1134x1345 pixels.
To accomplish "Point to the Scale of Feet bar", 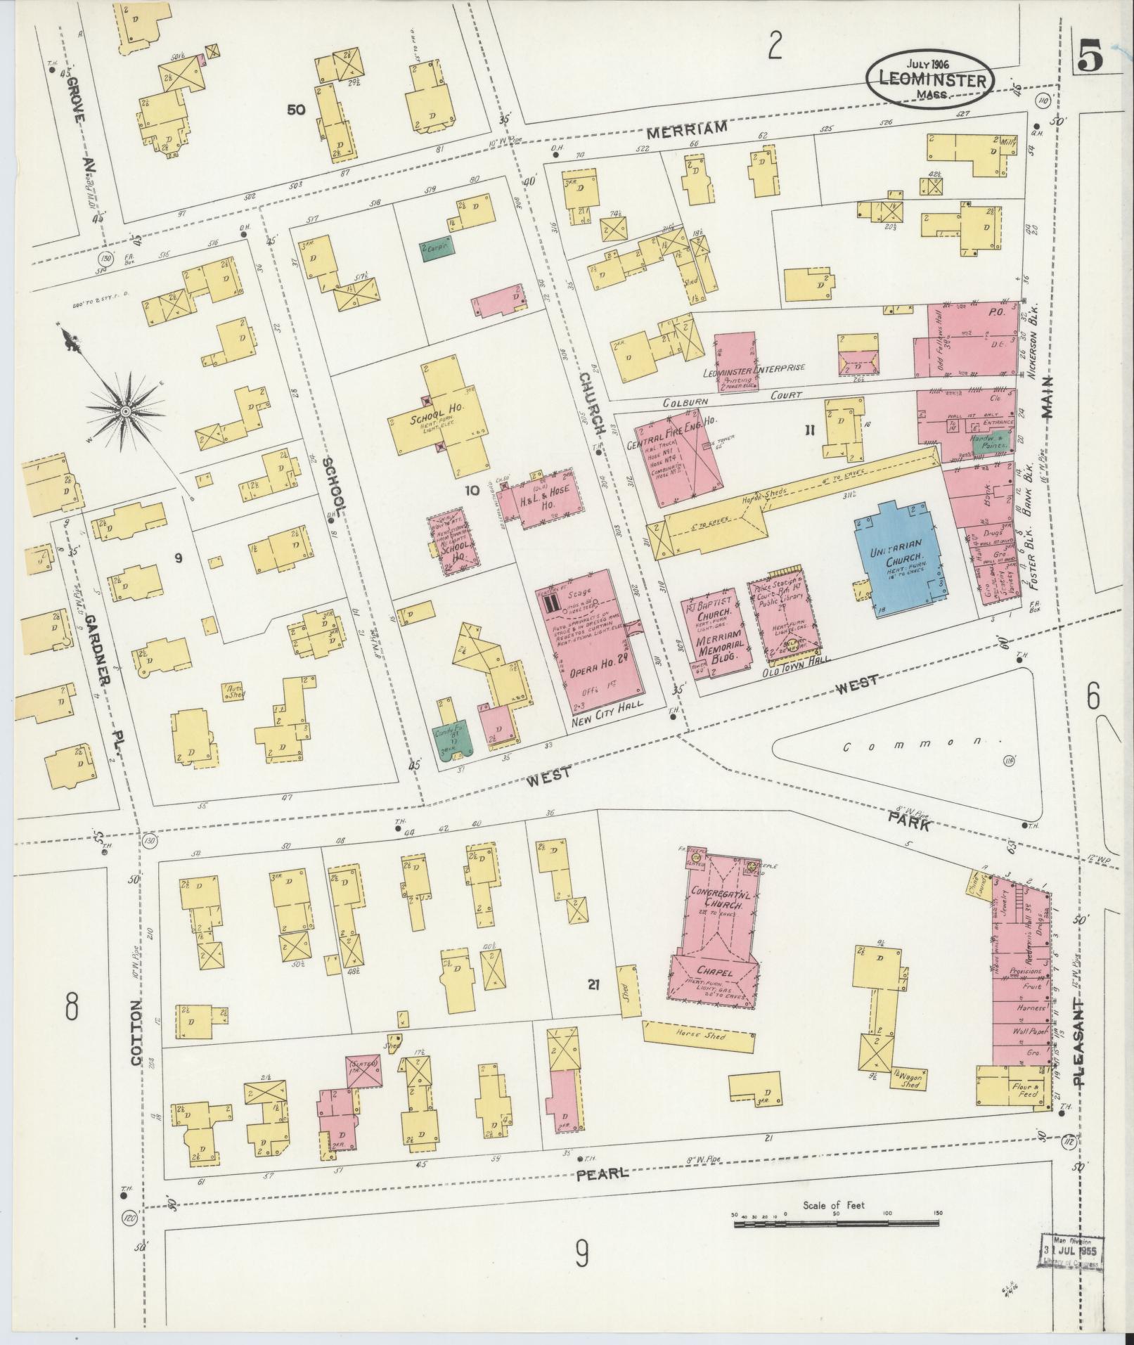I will pos(837,1224).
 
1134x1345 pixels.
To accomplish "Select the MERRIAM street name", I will pos(685,129).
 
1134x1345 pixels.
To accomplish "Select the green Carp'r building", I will pos(437,249).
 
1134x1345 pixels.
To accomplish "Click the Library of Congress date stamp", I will pos(1071,1253).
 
